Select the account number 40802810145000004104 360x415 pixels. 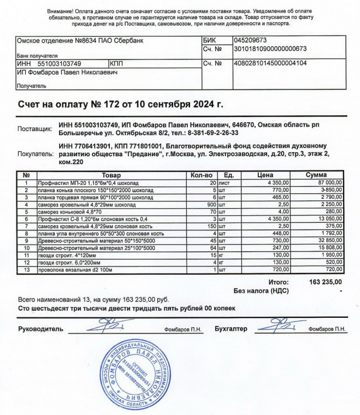coord(270,63)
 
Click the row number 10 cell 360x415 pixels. coord(26,248)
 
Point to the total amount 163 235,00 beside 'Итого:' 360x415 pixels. coord(326,282)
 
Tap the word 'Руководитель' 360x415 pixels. coord(41,329)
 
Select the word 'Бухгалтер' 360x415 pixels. coord(231,329)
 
